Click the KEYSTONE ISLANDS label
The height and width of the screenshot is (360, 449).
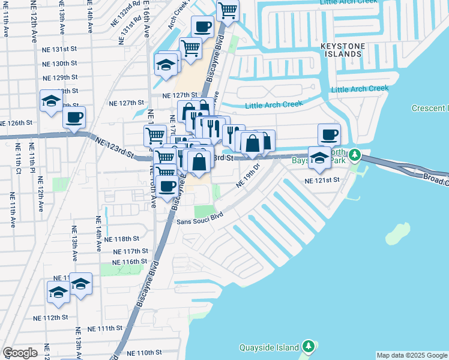[349, 49]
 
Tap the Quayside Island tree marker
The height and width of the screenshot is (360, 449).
[308, 347]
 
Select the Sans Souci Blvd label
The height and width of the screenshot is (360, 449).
[199, 220]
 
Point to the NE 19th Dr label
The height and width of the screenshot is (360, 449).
[248, 175]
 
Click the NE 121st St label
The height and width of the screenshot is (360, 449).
[322, 180]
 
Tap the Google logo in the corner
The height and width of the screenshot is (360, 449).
[20, 353]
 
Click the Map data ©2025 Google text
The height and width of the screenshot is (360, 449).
[412, 355]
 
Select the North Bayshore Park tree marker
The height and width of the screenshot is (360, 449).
[355, 155]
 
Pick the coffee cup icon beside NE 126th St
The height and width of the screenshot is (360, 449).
[74, 118]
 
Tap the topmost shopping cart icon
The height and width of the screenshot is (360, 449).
[228, 10]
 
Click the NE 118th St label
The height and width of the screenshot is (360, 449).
[122, 239]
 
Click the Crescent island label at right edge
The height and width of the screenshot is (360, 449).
[430, 109]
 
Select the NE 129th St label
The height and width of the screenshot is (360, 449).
[61, 77]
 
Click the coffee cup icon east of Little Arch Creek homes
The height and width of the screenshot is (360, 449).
[328, 134]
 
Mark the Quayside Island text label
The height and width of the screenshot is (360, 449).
[269, 347]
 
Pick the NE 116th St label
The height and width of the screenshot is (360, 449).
[130, 262]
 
